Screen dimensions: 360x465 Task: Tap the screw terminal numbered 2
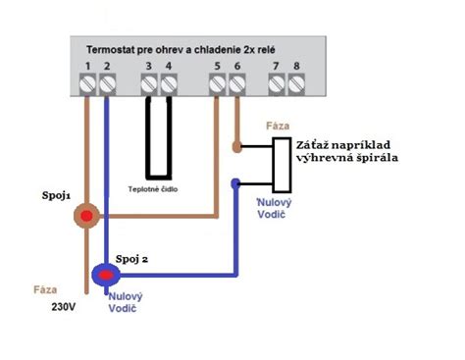(108, 85)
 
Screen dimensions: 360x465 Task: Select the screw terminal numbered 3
(148, 85)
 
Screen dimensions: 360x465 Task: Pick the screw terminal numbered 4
(169, 85)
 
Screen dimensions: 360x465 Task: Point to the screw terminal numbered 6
(236, 85)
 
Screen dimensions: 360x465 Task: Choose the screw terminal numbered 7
(277, 85)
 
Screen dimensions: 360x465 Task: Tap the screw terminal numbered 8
(297, 85)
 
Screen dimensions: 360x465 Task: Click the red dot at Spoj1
(87, 216)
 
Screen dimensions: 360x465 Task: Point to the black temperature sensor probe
(159, 137)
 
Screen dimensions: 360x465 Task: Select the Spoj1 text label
(58, 195)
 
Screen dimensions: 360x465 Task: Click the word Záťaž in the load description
(315, 143)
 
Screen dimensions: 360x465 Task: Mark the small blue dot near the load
(233, 183)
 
